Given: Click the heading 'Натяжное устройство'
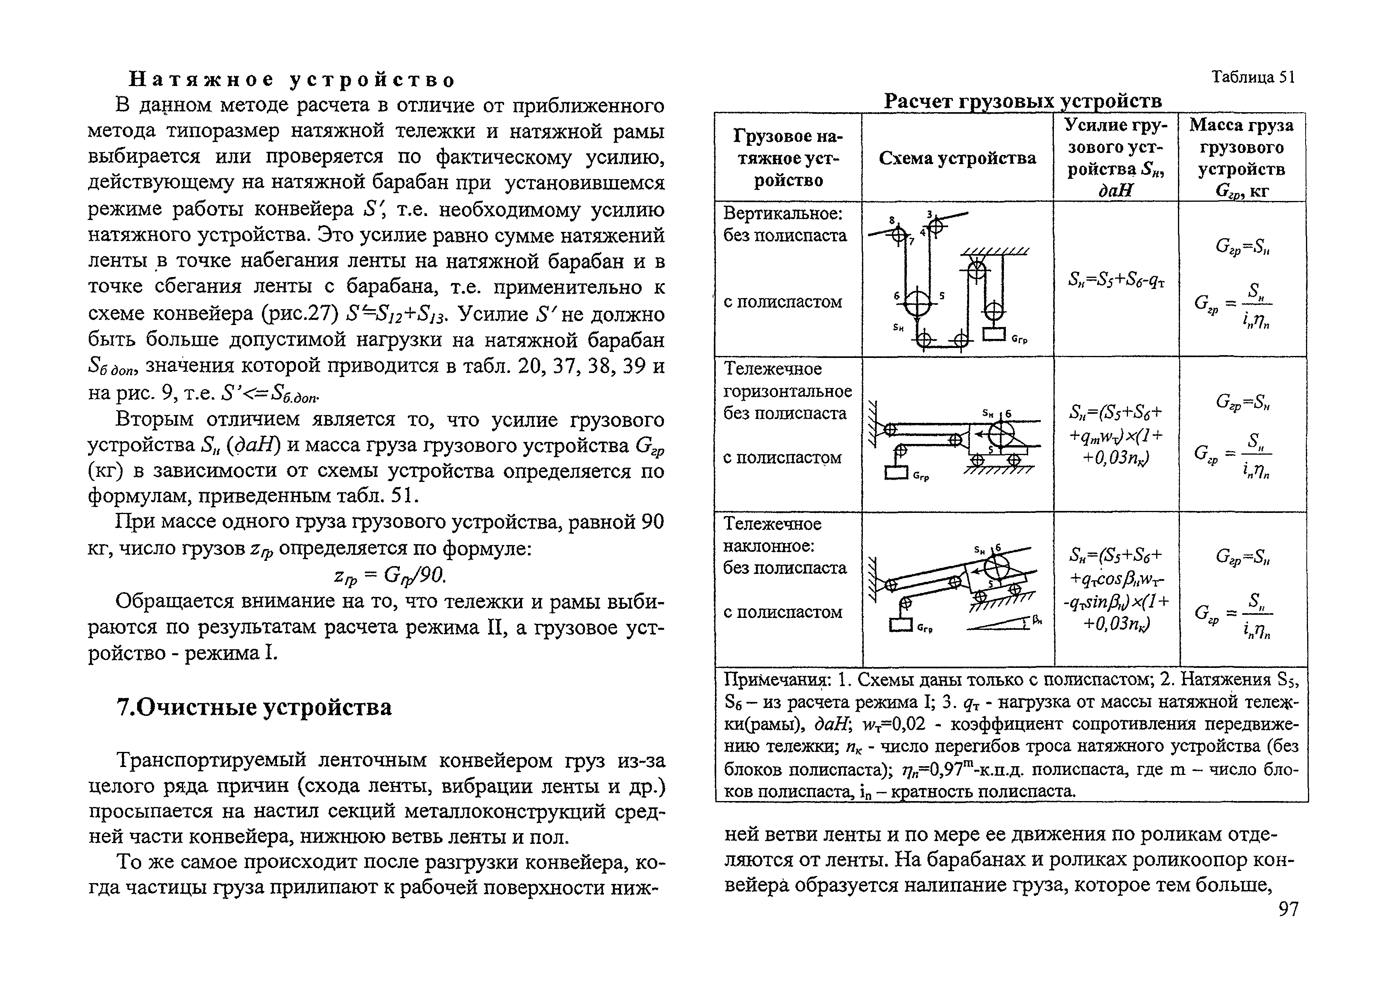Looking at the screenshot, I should coord(293,79).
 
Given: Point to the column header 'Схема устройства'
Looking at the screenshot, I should coord(957,158).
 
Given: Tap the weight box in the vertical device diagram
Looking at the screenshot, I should coord(994,334).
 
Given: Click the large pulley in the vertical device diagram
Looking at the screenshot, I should coord(918,302).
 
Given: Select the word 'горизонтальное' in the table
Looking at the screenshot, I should coord(788,391).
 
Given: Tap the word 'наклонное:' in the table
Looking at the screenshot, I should coord(769,546).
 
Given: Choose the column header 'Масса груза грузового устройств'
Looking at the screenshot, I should coord(1242,157).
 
